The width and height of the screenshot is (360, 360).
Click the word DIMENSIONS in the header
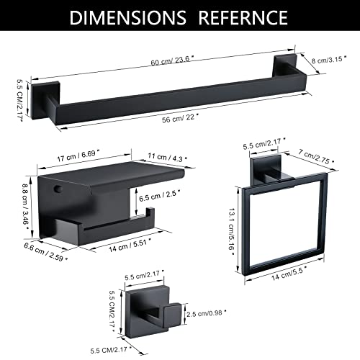[x=127, y=17]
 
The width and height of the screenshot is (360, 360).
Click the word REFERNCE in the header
[x=243, y=17]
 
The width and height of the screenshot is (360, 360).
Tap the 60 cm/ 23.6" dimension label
[x=173, y=60]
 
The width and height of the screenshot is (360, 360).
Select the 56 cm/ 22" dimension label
[x=181, y=118]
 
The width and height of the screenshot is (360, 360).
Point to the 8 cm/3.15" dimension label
[x=329, y=59]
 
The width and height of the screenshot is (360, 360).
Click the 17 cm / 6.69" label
[x=78, y=156]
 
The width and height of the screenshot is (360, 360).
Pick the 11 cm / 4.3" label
[x=168, y=158]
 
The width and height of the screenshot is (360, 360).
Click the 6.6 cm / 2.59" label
[x=45, y=252]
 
